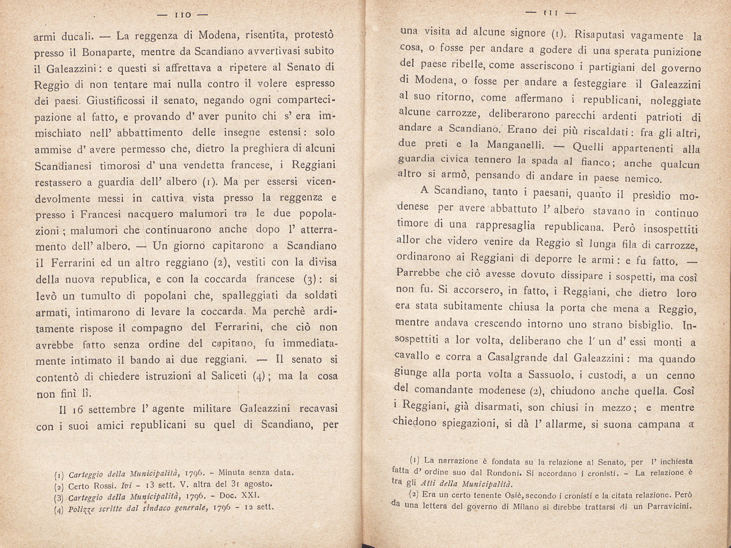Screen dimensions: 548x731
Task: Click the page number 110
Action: [x=182, y=15]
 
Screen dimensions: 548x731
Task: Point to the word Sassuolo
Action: [x=550, y=375]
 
